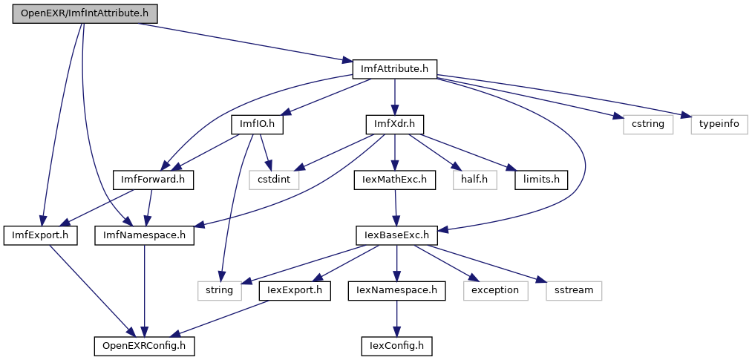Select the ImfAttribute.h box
tap(394, 69)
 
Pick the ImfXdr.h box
tap(394, 124)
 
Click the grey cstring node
tap(642, 124)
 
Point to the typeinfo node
tap(719, 124)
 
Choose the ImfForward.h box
tap(152, 179)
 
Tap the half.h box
tap(473, 179)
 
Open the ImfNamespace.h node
tap(145, 235)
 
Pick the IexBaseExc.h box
tap(396, 235)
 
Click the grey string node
tap(220, 289)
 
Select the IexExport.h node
tap(295, 289)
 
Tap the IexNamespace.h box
tap(396, 289)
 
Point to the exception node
tap(495, 289)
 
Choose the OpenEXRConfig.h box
tap(144, 345)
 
